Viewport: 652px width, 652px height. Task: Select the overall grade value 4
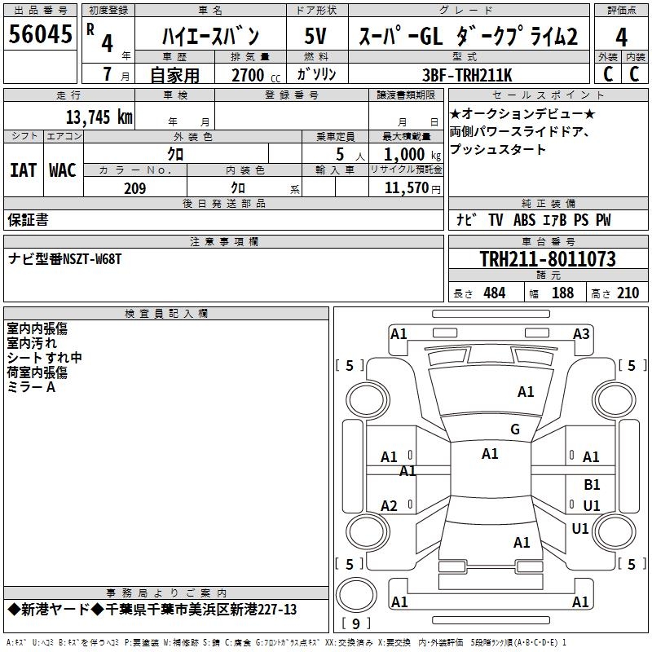pos(621,37)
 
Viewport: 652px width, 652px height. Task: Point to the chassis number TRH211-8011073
pos(548,260)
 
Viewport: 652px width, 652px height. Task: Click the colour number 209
pos(135,188)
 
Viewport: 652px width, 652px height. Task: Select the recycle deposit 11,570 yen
pos(405,188)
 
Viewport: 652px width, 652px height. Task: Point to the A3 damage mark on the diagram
pos(581,333)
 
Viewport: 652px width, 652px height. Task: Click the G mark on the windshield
pos(515,430)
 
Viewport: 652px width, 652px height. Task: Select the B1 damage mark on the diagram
pos(592,485)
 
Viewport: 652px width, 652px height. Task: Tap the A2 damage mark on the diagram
pos(390,506)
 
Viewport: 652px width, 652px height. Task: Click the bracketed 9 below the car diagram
pos(355,624)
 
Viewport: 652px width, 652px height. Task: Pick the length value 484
pos(494,293)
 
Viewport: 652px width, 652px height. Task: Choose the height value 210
pos(628,293)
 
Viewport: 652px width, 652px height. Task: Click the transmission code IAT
pos(23,170)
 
